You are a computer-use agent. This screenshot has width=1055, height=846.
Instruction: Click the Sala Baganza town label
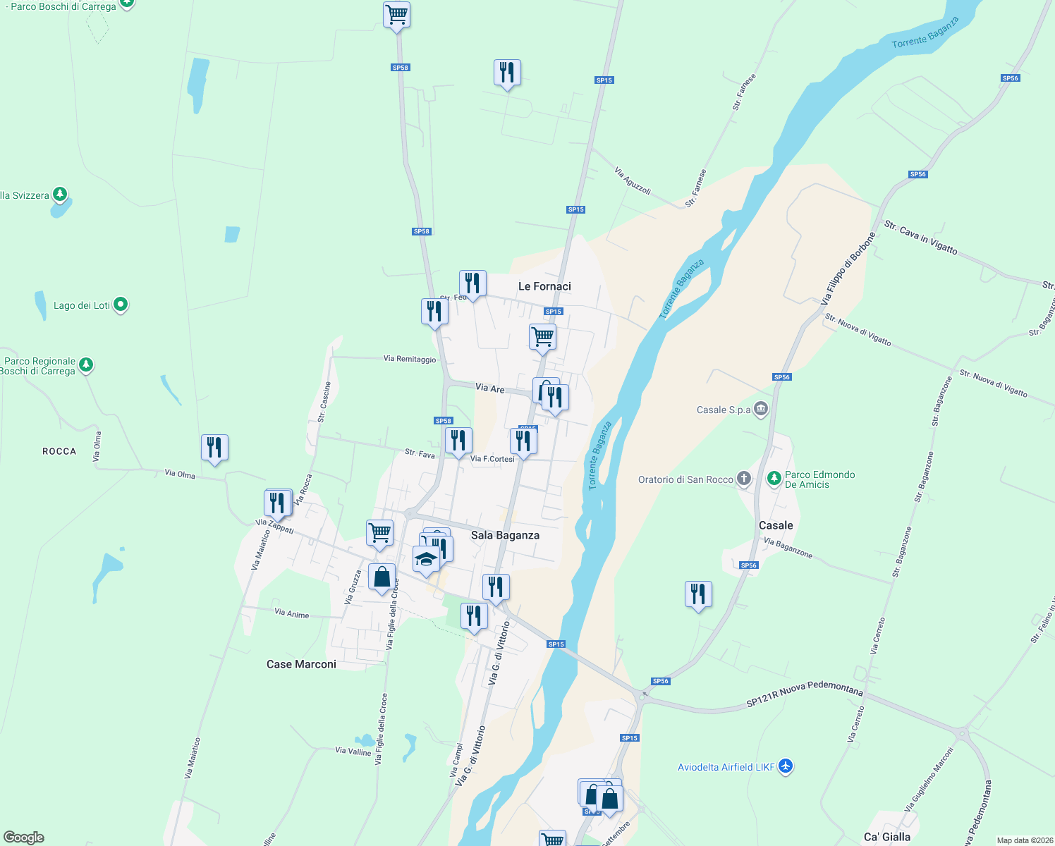[x=505, y=535]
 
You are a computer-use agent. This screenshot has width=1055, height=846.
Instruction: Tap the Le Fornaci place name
[x=544, y=286]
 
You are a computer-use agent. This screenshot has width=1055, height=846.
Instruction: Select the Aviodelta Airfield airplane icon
[x=786, y=766]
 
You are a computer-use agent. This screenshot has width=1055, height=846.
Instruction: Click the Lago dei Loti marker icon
[x=121, y=305]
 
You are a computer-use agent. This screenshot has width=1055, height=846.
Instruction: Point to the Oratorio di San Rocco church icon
[x=743, y=479]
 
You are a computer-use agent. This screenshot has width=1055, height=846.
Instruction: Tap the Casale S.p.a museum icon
[x=760, y=409]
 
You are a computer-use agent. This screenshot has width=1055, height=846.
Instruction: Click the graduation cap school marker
[x=426, y=559]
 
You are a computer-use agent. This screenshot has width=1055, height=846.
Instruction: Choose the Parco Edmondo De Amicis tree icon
[x=774, y=479]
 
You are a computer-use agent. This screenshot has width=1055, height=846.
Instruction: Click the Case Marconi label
[x=301, y=664]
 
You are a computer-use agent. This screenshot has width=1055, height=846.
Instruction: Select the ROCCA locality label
[x=59, y=451]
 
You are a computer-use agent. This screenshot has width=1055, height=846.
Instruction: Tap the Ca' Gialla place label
[x=886, y=837]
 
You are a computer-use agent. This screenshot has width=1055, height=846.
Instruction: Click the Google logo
[x=24, y=837]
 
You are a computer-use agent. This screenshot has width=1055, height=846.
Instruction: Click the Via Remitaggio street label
[x=410, y=359]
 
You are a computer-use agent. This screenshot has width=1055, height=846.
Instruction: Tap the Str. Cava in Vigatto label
[x=920, y=238]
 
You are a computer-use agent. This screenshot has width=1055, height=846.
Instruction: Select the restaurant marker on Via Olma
[x=214, y=448]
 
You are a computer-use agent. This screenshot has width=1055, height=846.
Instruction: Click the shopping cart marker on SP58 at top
[x=396, y=14]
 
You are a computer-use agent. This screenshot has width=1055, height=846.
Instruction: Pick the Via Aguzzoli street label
[x=632, y=180]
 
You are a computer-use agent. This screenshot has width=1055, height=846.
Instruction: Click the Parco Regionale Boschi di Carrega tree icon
[x=86, y=364]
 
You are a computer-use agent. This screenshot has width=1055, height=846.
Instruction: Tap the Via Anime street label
[x=291, y=613]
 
